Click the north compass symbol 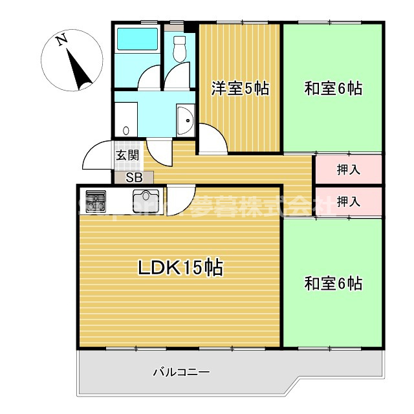pos(72,63)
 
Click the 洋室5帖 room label pos(240,89)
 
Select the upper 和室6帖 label pos(333,89)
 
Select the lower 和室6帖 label pos(333,283)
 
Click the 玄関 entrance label pos(127,155)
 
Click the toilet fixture pos(179,47)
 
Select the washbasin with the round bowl pos(186,120)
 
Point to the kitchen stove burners pos(95,197)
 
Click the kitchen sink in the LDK pos(146,197)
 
